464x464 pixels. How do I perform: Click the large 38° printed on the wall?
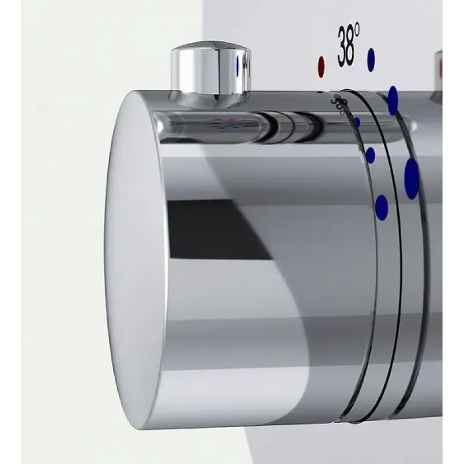point(349,45)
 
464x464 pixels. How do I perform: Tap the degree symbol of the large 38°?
point(357,30)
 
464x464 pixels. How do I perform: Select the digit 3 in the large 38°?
point(342,46)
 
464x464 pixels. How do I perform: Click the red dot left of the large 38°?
point(321,67)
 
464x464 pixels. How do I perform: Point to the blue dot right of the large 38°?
point(371,60)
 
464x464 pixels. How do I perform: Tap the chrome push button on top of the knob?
point(211,74)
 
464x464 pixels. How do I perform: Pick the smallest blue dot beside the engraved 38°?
point(357,122)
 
